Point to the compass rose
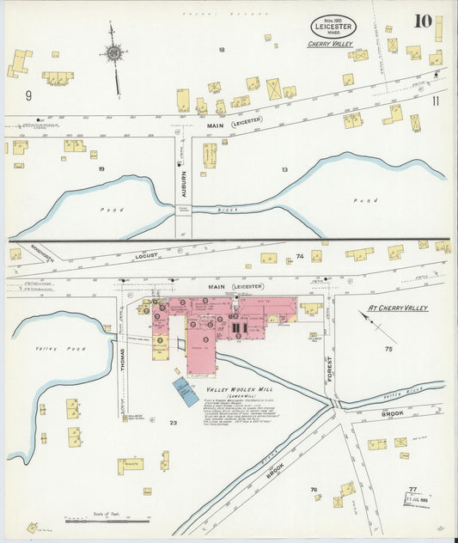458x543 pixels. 113,54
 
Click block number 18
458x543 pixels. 221,50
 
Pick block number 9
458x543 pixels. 28,95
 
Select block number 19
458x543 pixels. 101,169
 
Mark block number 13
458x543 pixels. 284,169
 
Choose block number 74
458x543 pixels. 300,257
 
